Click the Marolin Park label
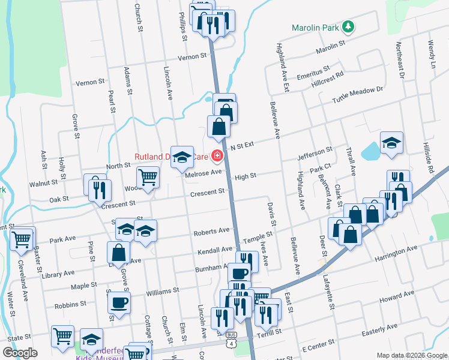coord(315,28)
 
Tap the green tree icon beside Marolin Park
coord(347,28)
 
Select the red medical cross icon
coord(215,158)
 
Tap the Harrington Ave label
coord(396,250)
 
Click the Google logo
coord(20,352)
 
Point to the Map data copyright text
coord(412,354)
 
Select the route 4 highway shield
coord(232,343)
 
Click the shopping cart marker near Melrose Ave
coord(148,177)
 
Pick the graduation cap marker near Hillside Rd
coord(391,143)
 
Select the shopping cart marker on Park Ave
coord(22,238)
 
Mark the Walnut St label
coord(46,181)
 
